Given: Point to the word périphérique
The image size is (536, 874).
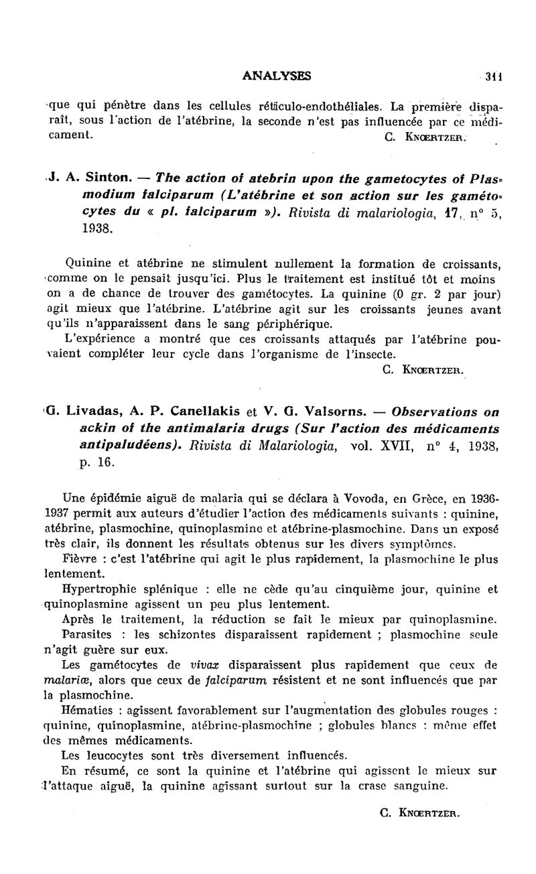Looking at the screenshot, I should coord(280,323).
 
